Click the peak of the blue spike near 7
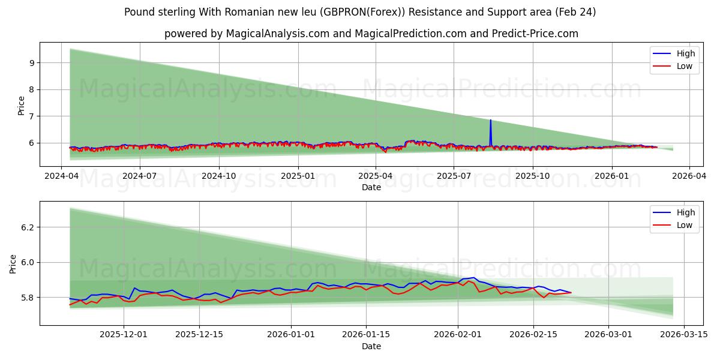click(x=490, y=120)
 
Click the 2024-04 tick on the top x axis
click(x=61, y=176)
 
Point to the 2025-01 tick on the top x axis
click(x=298, y=176)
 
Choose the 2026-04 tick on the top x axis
click(x=689, y=176)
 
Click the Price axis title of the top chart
click(x=22, y=106)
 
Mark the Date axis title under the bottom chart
click(x=371, y=346)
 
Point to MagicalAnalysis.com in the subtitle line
click(x=277, y=34)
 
